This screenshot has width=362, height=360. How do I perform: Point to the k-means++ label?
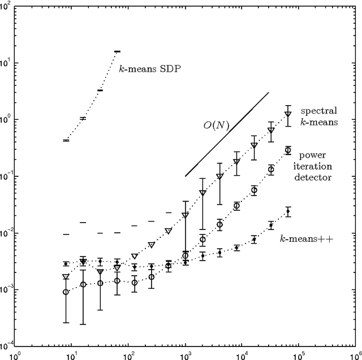tap(306, 239)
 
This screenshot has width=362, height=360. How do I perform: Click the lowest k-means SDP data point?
tap(66, 140)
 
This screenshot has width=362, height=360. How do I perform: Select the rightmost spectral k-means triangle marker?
tap(288, 114)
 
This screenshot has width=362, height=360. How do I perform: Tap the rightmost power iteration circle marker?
tap(288, 150)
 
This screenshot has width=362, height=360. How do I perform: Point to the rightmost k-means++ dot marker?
tap(288, 211)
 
